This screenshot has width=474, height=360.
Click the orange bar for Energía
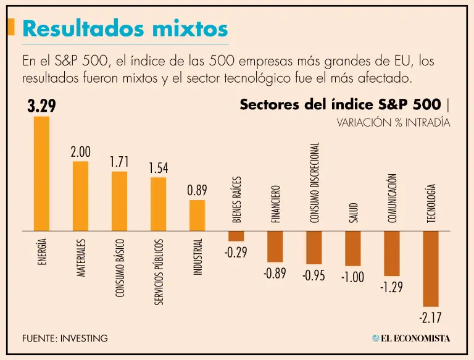pyautogui.click(x=41, y=174)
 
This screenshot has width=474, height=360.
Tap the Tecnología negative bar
pyautogui.click(x=430, y=269)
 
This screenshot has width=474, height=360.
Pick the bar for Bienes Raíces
pyautogui.click(x=236, y=236)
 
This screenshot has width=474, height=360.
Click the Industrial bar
pyautogui.click(x=197, y=216)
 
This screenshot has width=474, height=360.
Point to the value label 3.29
pyautogui.click(x=41, y=106)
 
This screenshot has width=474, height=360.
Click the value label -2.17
pyautogui.click(x=430, y=319)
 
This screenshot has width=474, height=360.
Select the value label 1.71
pyautogui.click(x=119, y=162)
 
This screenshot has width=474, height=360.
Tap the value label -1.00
pyautogui.click(x=352, y=277)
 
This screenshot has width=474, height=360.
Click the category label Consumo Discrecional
pyautogui.click(x=314, y=183)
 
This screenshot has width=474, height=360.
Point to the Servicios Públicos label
pyautogui.click(x=158, y=272)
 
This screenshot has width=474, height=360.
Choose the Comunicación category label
pyautogui.click(x=392, y=198)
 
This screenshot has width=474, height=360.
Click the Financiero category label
pyautogui.click(x=275, y=204)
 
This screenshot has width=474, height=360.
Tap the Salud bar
pyautogui.click(x=352, y=248)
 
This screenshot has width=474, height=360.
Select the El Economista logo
pyautogui.click(x=411, y=338)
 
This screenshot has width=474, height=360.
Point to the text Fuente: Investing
pyautogui.click(x=65, y=338)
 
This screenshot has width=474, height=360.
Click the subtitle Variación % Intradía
pyautogui.click(x=393, y=123)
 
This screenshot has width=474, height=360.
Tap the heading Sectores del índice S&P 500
pyautogui.click(x=340, y=104)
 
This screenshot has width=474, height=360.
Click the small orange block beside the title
pyautogui.click(x=11, y=27)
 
